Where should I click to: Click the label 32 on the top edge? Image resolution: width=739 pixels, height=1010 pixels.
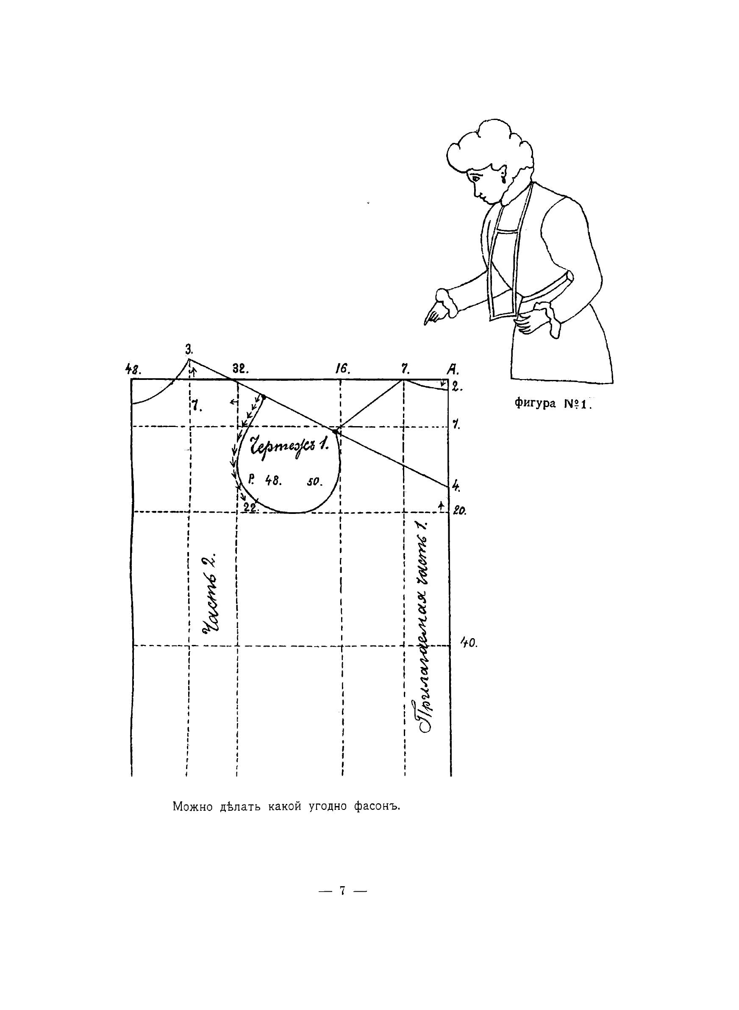pyautogui.click(x=240, y=369)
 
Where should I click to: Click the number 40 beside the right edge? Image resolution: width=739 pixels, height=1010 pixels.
pyautogui.click(x=469, y=643)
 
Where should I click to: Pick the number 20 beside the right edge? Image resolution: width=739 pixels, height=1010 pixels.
pyautogui.click(x=459, y=511)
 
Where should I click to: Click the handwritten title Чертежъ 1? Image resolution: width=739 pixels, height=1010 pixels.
pyautogui.click(x=289, y=445)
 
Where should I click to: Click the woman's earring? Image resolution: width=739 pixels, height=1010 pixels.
pyautogui.click(x=506, y=180)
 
